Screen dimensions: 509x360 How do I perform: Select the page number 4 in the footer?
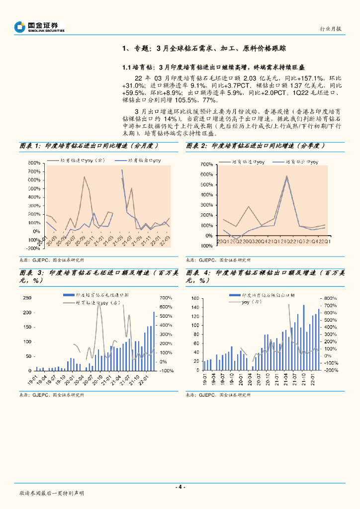(x=180, y=487)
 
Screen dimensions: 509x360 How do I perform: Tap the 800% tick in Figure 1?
(x=33, y=163)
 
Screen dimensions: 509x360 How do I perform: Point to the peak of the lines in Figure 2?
(x=287, y=175)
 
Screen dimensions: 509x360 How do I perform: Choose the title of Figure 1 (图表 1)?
(x=89, y=146)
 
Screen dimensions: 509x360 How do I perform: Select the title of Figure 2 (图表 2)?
(x=256, y=146)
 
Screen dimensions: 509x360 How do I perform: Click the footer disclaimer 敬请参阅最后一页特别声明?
(x=52, y=493)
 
